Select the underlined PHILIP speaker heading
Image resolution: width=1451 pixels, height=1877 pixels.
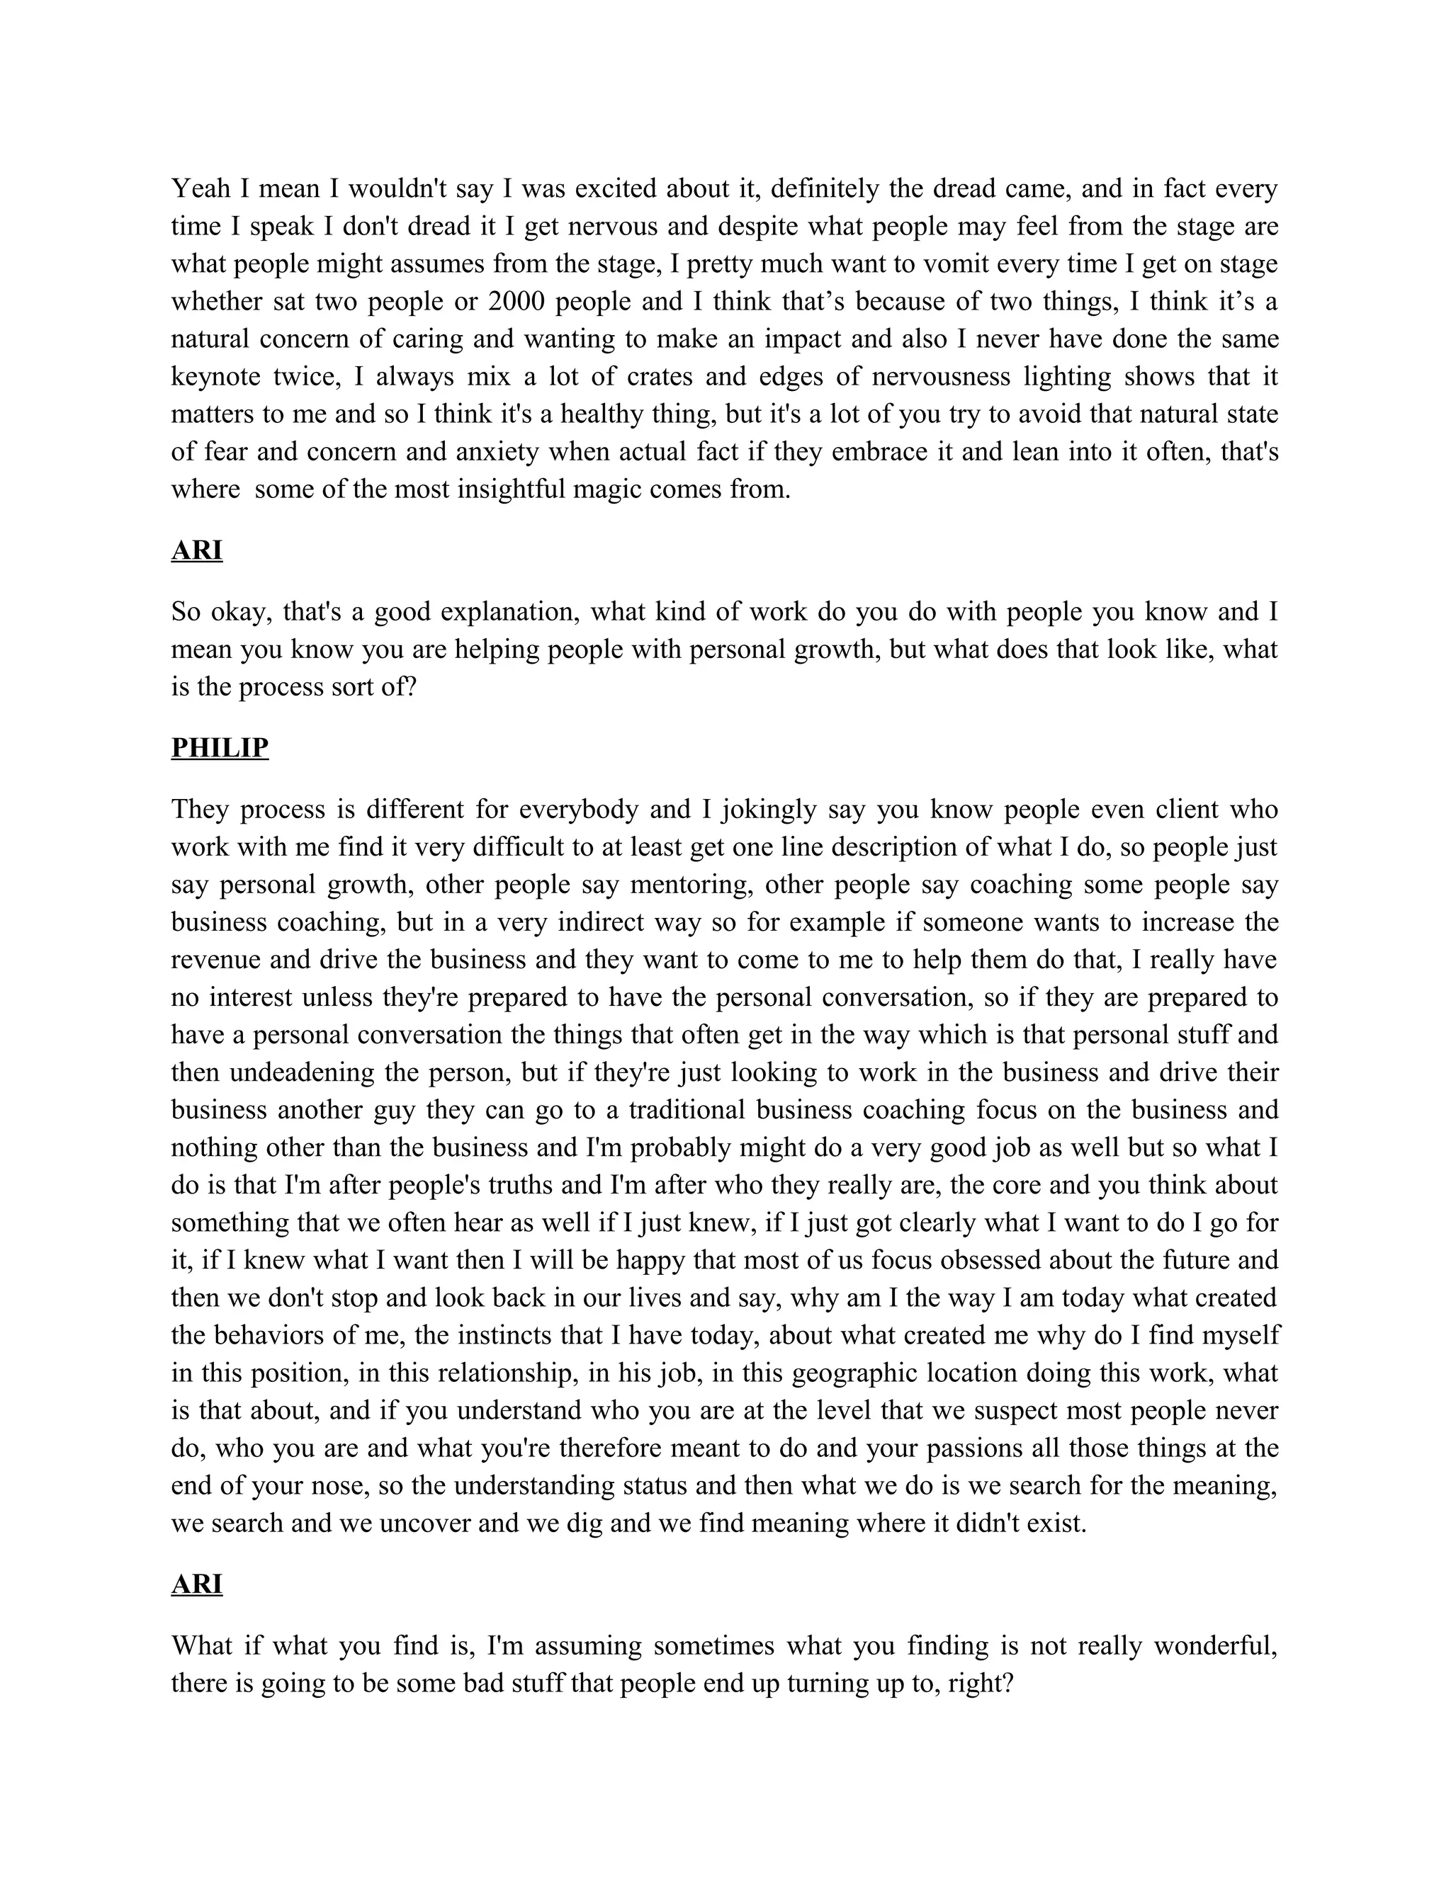(220, 748)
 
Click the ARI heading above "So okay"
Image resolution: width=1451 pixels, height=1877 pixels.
(197, 550)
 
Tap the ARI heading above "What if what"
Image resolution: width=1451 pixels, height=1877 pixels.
(197, 1584)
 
